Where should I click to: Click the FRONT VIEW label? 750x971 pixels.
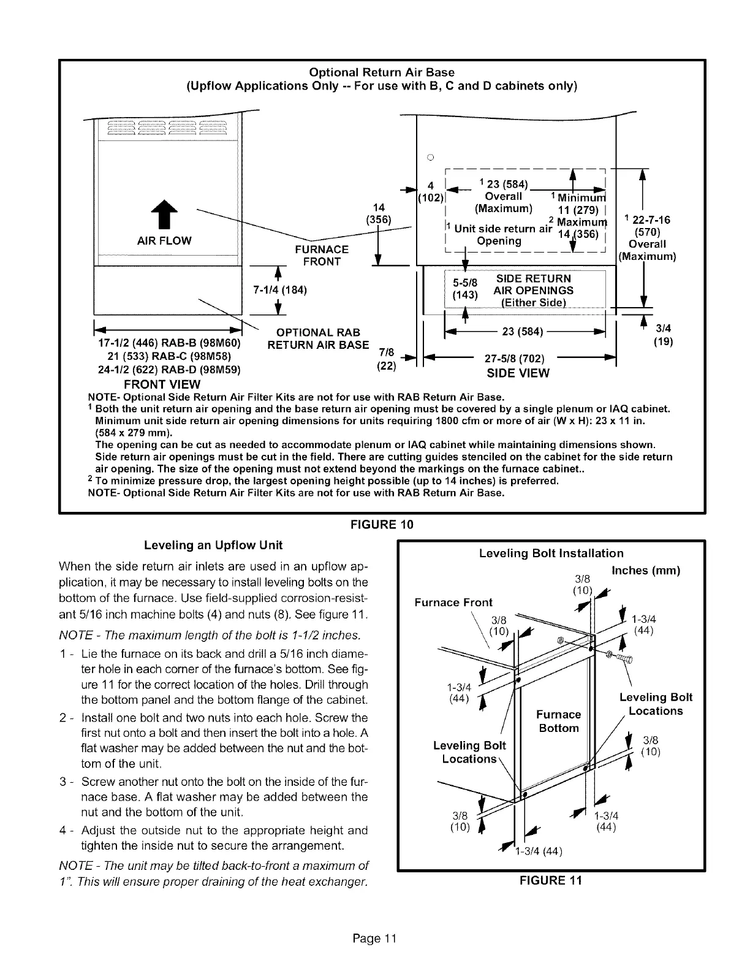(162, 384)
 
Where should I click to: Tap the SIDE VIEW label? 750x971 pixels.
(518, 373)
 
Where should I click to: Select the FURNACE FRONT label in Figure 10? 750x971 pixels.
(322, 256)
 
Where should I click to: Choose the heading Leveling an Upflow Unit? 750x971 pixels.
(213, 545)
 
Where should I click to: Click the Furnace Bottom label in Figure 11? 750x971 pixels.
(558, 721)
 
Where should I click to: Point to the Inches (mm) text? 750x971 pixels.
(646, 571)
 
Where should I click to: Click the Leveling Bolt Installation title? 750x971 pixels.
(551, 554)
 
